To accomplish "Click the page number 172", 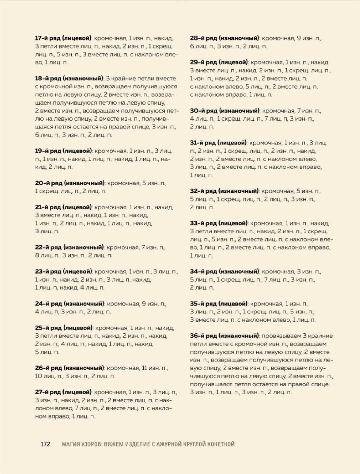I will point(45,444).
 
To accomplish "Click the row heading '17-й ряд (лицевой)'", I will point(63,38).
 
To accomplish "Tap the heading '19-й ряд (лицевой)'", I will point(63,151).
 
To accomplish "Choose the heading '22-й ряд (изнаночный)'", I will point(69,248).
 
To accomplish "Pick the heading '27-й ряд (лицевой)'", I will point(63,392).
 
